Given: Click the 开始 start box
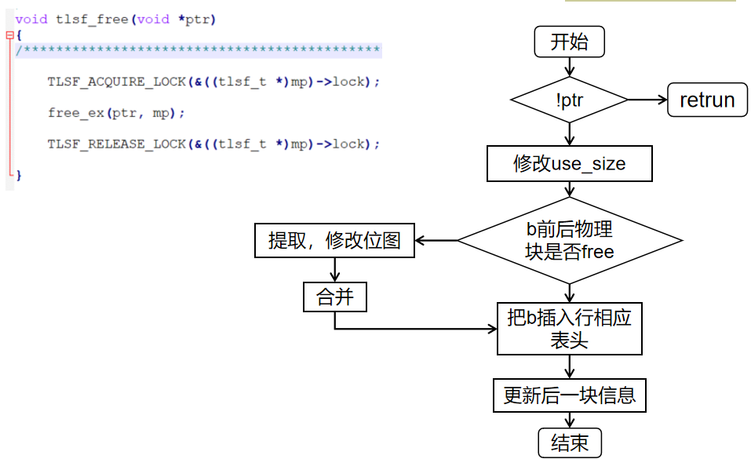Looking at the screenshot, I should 569,42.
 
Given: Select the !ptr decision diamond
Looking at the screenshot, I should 569,100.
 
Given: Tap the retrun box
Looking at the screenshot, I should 707,100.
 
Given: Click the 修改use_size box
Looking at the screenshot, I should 569,163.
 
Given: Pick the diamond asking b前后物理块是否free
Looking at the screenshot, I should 569,240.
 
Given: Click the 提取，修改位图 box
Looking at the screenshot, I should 334,240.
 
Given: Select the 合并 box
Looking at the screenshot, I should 335,297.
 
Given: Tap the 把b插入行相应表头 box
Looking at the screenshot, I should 569,328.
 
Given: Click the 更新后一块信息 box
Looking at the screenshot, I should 569,395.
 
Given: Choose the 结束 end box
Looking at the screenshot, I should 569,443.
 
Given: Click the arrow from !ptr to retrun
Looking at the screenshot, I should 647,100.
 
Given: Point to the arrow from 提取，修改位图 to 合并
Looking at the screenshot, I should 335,269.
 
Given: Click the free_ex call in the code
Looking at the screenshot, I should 75,113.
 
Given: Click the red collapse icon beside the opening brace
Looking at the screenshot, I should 9,35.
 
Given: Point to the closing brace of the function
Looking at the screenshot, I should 19,175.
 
